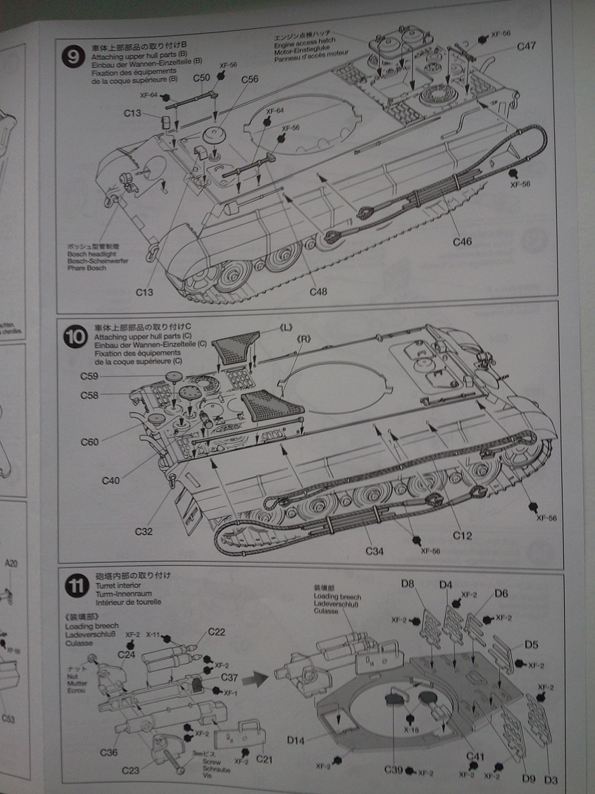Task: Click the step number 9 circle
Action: click(73, 57)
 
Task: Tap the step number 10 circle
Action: click(75, 335)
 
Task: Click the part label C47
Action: click(526, 46)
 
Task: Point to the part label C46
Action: click(462, 241)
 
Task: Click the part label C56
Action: click(249, 79)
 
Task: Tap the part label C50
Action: click(200, 78)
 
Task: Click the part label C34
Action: click(375, 550)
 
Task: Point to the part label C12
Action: click(462, 535)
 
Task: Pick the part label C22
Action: click(216, 632)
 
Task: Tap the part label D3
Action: click(551, 779)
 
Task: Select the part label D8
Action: click(408, 583)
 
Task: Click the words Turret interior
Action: click(117, 585)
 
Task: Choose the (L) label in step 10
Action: click(287, 328)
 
